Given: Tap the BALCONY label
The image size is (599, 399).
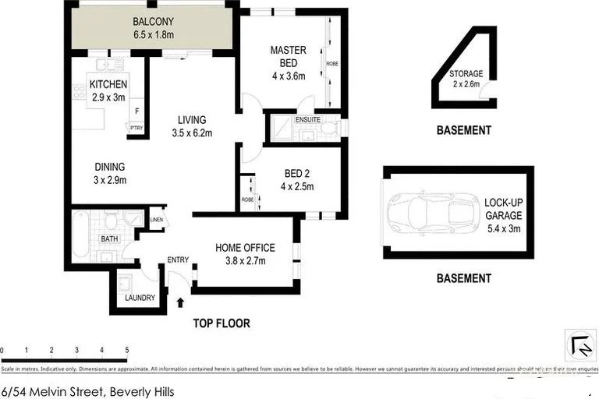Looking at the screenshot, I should (153, 21).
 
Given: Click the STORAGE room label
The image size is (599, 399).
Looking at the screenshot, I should (466, 74).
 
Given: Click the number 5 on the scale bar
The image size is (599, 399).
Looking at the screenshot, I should (126, 350).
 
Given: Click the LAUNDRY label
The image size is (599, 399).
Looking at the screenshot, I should (140, 298).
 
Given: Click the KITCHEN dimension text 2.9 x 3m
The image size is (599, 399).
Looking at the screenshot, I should (108, 97).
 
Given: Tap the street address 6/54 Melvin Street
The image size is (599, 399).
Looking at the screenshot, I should (87, 391).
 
